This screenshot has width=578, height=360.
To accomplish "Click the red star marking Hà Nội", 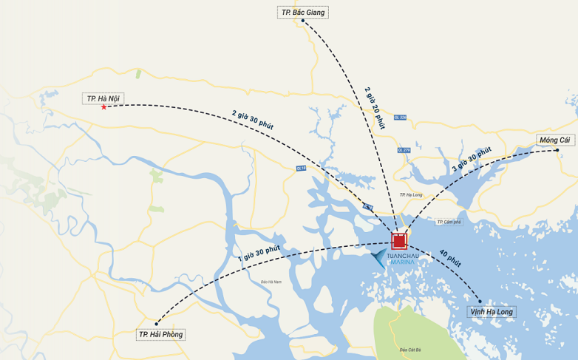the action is point(103,107).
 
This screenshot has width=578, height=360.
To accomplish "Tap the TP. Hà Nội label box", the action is point(103,98).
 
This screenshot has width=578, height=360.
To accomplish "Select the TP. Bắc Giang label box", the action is point(302,13).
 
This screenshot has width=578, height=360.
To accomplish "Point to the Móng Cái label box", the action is point(554,140).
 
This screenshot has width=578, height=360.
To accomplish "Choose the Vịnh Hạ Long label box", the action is point(492,312).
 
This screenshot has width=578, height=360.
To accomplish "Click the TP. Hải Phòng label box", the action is point(160,335).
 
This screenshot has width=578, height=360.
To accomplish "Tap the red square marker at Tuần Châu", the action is point(399,240).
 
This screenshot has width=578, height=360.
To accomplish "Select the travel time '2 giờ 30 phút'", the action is point(253,120).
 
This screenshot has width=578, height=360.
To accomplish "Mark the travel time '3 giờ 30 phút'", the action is point(472,160).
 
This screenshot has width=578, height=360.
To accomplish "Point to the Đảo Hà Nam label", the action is point(272,282).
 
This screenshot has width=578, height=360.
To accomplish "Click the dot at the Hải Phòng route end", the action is point(157,324).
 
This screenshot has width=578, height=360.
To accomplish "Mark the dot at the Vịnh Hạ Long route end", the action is point(480,301).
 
